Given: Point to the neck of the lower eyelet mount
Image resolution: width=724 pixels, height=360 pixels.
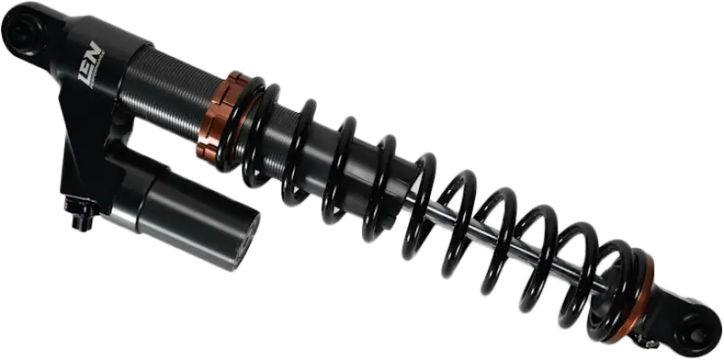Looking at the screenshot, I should [x=665, y=303].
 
